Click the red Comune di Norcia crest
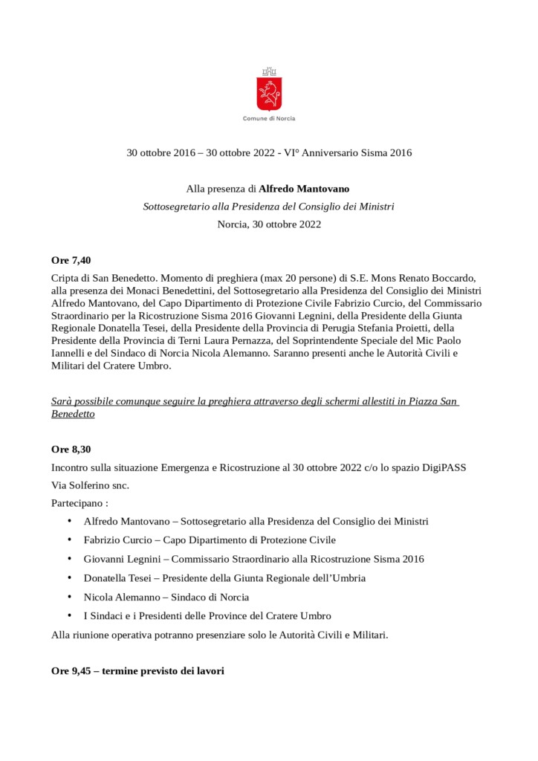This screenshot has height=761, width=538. pos(268,91)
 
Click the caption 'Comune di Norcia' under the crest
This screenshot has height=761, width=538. pos(269,119)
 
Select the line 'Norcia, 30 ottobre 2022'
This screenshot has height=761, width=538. pos(269,224)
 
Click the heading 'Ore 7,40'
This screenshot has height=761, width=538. pos(71,260)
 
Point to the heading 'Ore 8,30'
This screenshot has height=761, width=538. pos(71,450)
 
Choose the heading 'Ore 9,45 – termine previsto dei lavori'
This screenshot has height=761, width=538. pos(137,670)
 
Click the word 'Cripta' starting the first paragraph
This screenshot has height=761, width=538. pos(65,276)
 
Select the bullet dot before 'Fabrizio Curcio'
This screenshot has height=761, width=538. pos(70,540)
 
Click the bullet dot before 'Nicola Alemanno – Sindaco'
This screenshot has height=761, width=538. pos(70,597)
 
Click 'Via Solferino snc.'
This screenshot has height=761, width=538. pos(90,485)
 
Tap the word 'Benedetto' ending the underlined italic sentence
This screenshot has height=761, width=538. pos(73,414)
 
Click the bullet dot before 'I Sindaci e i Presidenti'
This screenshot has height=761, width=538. pos(70,615)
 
